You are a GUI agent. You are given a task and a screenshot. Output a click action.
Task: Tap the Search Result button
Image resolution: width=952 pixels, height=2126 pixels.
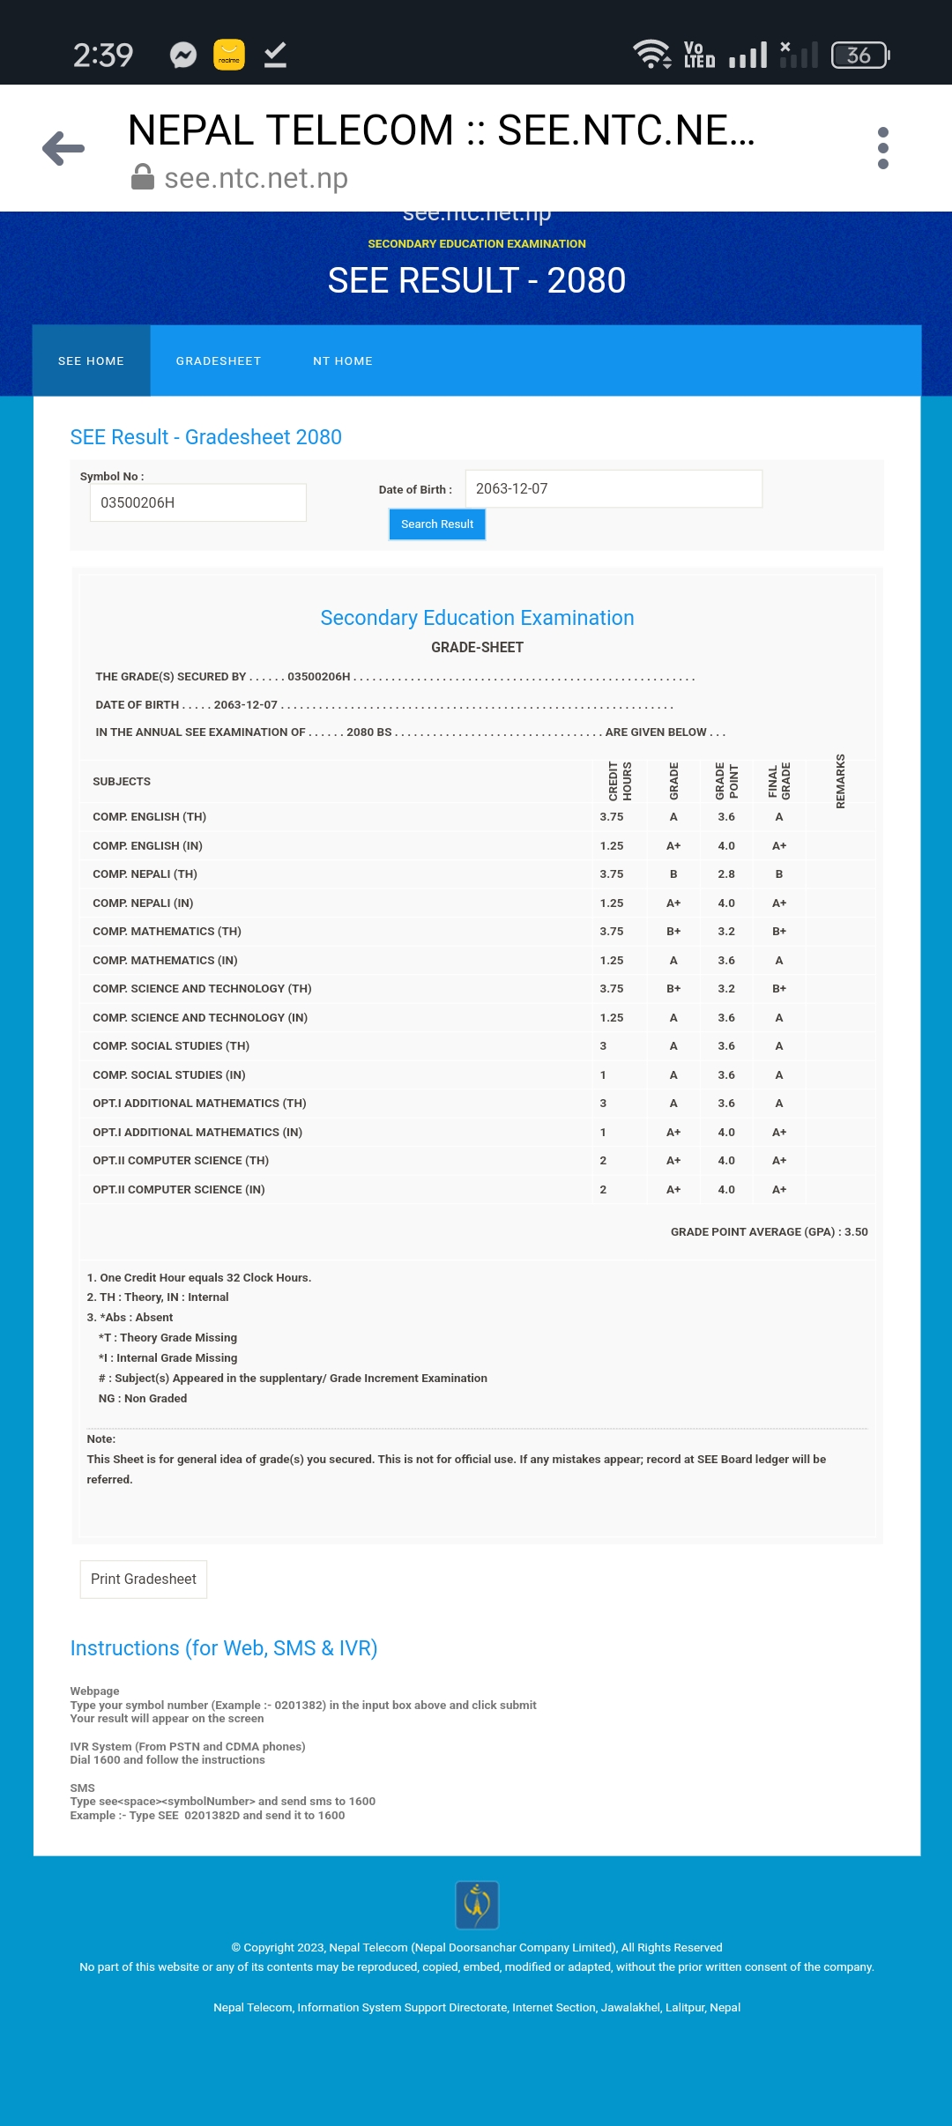[x=437, y=524]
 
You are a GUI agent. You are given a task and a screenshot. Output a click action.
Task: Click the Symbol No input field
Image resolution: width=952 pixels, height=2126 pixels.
[x=197, y=502]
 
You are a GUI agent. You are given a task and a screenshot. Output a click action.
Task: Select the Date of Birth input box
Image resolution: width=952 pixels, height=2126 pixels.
[x=614, y=488]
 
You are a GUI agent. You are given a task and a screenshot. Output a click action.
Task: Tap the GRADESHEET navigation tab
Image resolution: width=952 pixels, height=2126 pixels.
[x=219, y=361]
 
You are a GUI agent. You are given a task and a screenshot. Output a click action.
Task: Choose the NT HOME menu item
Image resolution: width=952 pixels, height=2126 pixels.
[x=343, y=361]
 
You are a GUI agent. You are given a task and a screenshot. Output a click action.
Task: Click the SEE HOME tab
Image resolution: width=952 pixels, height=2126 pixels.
[x=92, y=361]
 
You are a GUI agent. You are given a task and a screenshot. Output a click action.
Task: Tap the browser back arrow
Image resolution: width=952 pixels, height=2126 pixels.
[x=63, y=148]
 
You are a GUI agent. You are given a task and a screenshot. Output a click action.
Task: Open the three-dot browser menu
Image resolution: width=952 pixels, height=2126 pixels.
[x=883, y=148]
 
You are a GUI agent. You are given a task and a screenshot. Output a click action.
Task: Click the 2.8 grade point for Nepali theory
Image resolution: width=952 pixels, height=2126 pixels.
[x=726, y=874]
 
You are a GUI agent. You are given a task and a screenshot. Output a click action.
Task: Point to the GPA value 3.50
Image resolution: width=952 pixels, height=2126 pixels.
[x=856, y=1232]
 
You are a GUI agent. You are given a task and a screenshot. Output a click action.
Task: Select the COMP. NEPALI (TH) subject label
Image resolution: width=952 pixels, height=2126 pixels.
[x=145, y=874]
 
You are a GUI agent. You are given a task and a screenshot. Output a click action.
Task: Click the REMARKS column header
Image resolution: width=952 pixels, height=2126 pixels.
[x=841, y=781]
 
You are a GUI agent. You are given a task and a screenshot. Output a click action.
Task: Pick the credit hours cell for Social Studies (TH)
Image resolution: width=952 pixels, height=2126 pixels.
[x=603, y=1046]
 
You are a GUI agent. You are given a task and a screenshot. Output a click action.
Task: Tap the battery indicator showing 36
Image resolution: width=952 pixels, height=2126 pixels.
[x=860, y=56]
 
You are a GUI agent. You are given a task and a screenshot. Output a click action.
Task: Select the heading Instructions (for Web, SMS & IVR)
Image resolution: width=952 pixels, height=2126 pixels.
[x=224, y=1648]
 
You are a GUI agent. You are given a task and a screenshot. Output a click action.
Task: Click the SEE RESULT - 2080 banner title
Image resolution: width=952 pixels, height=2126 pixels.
[x=477, y=280]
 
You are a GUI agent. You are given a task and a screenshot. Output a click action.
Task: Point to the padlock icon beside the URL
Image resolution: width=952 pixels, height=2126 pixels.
[x=143, y=177]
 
